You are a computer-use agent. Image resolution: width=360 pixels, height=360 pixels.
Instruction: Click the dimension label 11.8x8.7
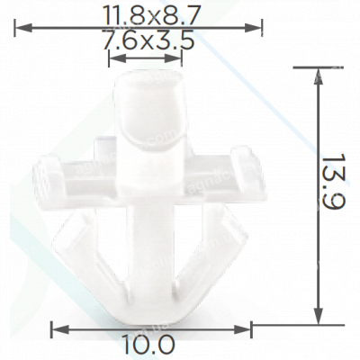(151, 15)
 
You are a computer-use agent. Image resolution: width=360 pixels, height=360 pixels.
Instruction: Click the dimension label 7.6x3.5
(148, 40)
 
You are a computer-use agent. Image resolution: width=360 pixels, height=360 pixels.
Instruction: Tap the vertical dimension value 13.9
(335, 182)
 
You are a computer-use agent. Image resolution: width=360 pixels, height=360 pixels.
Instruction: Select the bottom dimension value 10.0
(148, 345)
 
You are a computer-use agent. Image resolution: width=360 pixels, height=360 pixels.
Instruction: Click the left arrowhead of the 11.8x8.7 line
(22, 29)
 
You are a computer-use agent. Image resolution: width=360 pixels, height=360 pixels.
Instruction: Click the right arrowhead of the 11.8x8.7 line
(253, 29)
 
